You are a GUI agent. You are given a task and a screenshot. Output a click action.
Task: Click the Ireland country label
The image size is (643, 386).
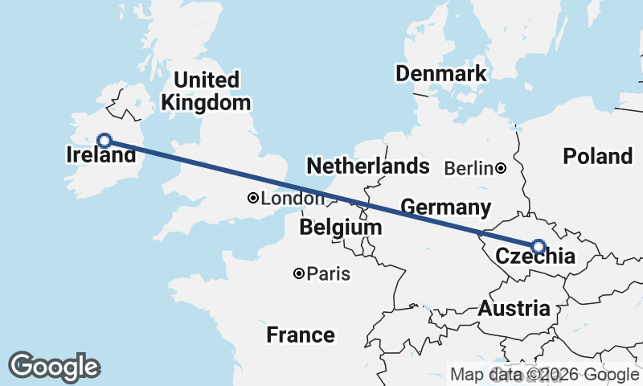coord(100,155)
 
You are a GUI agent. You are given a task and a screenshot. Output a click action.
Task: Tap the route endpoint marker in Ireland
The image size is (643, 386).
coord(104,140)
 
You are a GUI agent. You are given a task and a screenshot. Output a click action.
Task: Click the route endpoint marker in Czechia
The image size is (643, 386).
coord(538,246)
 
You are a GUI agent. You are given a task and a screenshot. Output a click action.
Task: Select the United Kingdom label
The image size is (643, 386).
coord(206,92)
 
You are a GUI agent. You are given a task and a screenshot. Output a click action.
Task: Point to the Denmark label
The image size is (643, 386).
coord(440,74)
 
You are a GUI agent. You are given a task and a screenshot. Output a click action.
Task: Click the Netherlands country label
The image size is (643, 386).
coord(367,166)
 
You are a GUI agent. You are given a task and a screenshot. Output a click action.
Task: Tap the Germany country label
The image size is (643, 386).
coord(445,207)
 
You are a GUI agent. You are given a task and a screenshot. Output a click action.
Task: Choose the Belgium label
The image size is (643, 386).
coord(340,228)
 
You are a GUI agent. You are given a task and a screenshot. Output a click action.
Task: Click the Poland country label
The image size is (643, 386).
coord(597,156)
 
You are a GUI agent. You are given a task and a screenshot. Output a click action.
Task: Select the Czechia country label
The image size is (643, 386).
coord(535,257)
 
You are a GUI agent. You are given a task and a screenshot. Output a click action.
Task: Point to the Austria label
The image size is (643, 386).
coord(514,308)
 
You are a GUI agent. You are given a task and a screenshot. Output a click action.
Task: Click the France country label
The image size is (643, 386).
coord(301,335)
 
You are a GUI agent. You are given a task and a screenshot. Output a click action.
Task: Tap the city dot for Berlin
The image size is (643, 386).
coord(501,168)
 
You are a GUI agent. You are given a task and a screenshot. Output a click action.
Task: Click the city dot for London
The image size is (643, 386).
coord(252,198)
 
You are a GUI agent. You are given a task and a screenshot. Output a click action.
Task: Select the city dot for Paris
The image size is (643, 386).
coord(299,274)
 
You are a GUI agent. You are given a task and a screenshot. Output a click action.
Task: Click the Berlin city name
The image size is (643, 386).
coord(468,168)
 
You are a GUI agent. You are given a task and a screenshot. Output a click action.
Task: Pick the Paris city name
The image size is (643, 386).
coord(329,274)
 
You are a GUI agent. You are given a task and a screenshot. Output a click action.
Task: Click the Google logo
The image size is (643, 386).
coord(54,367)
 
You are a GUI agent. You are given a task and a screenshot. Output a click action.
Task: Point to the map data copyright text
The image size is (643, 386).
coord(544,374)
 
